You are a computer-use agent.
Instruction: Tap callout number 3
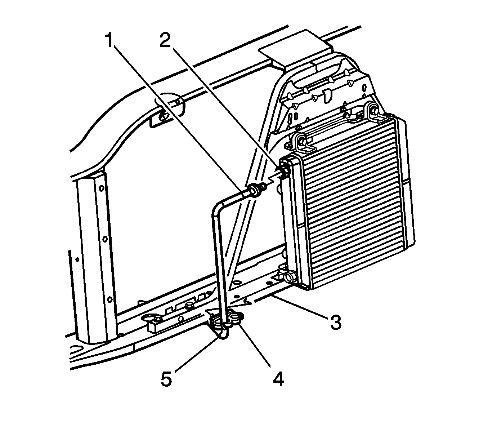click(335, 321)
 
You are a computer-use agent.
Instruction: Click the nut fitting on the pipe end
click(255, 190)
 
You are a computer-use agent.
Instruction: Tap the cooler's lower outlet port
click(289, 277)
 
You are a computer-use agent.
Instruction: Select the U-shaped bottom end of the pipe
click(224, 335)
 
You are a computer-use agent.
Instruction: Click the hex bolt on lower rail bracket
click(188, 305)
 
